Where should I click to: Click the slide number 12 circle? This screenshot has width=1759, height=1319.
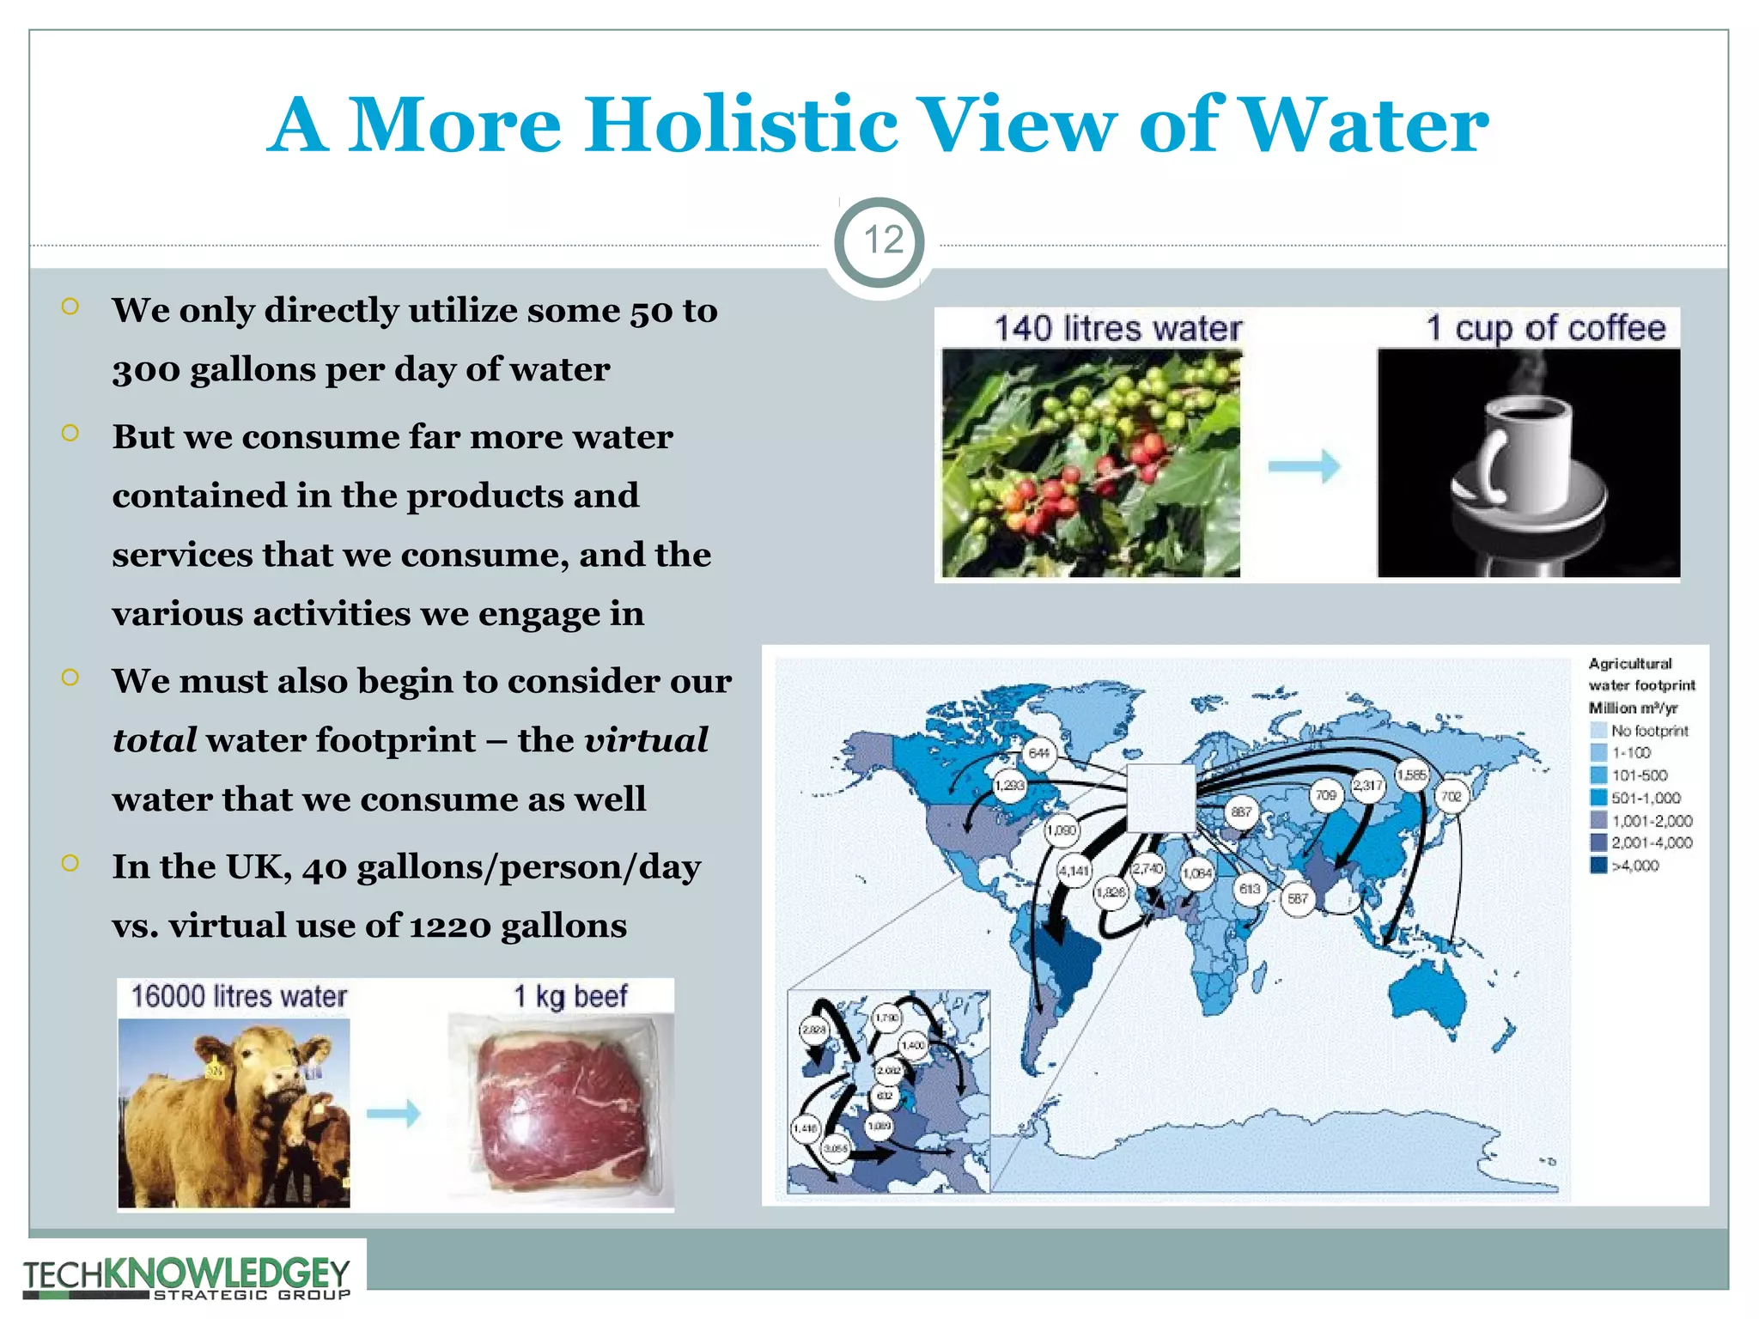(879, 241)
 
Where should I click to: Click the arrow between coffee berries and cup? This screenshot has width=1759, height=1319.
(1304, 466)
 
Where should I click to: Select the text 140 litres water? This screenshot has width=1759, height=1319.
(1117, 329)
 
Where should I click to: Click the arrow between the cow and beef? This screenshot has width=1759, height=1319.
(393, 1113)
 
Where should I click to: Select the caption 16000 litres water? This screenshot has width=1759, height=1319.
(239, 996)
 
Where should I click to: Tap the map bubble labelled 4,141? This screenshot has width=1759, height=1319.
(1074, 871)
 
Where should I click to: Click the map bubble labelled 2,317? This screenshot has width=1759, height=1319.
(1367, 785)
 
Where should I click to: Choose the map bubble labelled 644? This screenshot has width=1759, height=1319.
(1039, 753)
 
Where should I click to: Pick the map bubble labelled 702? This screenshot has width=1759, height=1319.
(1451, 796)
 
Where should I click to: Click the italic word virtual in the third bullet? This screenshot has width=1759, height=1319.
(646, 740)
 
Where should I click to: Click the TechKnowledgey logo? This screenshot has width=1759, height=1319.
(187, 1277)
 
